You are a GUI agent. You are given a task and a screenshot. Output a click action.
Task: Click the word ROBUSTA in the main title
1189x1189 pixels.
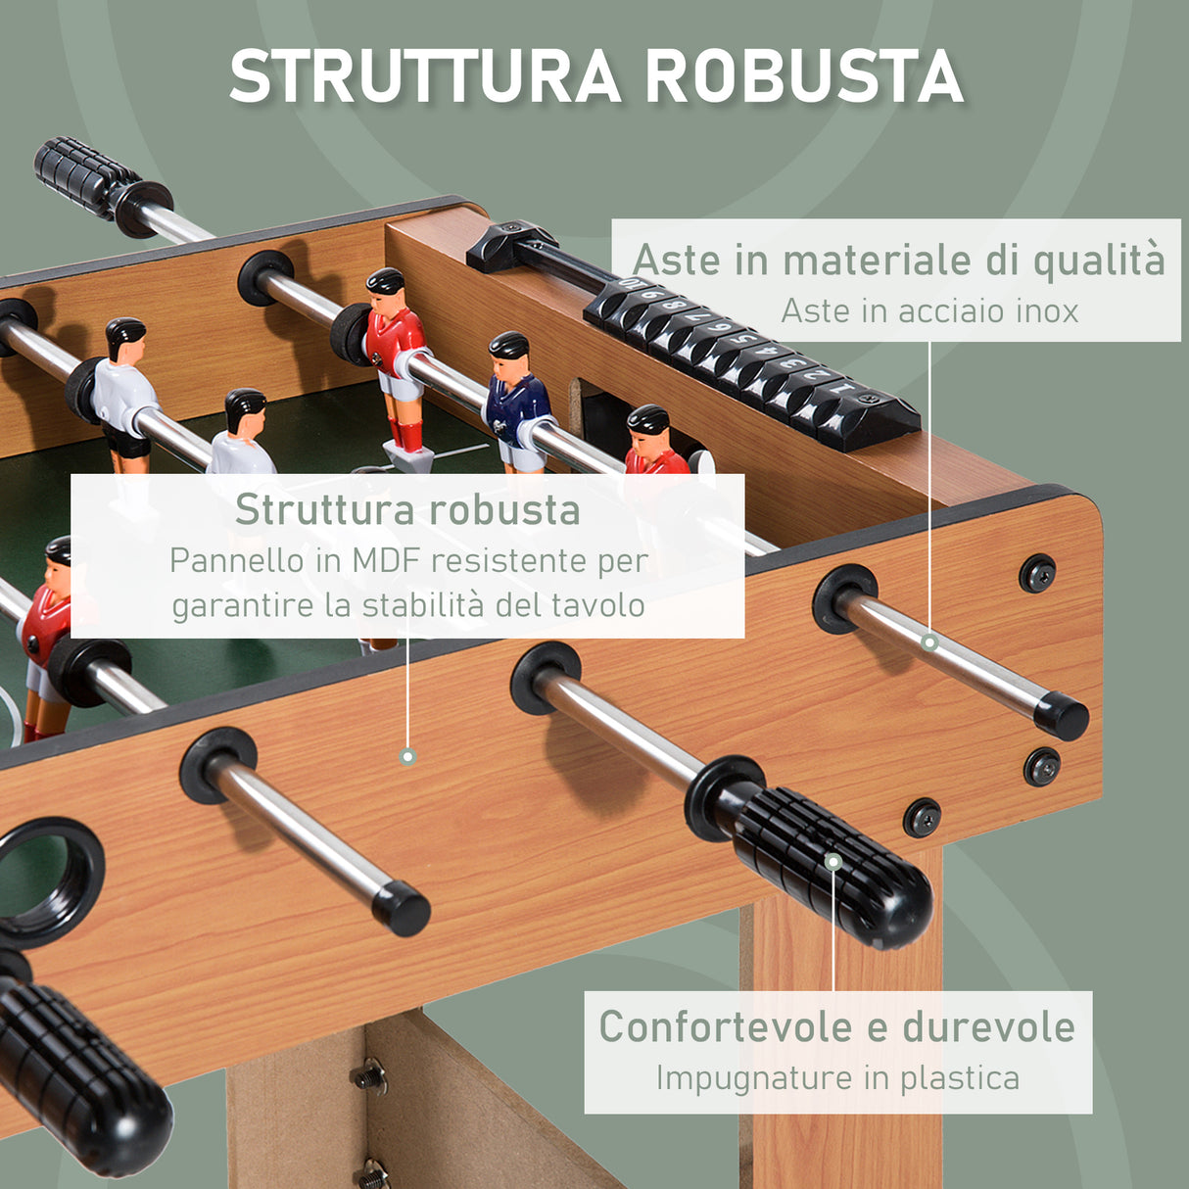(x=805, y=76)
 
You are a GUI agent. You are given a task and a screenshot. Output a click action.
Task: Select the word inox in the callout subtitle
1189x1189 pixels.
(x=1046, y=311)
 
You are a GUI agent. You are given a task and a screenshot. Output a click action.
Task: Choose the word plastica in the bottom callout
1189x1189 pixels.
(x=960, y=1077)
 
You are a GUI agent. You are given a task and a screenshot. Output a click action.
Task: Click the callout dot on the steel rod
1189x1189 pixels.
(x=929, y=642)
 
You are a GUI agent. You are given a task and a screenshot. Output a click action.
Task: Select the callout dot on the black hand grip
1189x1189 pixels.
(x=832, y=862)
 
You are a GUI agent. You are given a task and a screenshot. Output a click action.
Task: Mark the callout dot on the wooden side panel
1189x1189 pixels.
(x=407, y=756)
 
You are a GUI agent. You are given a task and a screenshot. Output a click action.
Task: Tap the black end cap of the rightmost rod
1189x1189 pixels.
(x=1062, y=716)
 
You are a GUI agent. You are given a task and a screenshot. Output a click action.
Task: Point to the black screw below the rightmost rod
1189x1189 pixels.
(x=1041, y=767)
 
